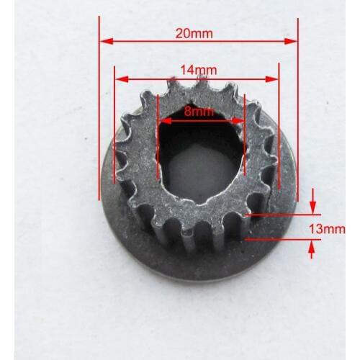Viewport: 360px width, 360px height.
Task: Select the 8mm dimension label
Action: [x=199, y=112]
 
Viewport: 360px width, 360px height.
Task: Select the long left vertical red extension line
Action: [x=99, y=108]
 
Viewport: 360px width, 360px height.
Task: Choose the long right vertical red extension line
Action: [x=297, y=108]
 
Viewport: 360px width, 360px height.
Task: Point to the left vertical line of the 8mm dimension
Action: [x=156, y=137]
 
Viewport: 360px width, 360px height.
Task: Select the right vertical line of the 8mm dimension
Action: [x=245, y=137]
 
